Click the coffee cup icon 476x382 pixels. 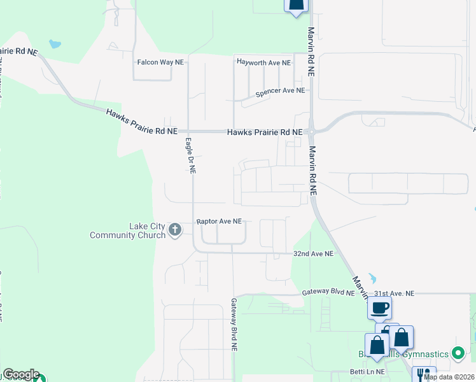coord(379,308)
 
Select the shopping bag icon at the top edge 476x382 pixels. coord(295,5)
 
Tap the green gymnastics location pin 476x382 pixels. coord(458,353)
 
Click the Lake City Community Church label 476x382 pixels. coord(127,230)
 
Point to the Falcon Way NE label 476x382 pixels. coord(160,62)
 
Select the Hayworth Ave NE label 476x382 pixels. coord(263,63)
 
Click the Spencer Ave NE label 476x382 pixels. coord(280,92)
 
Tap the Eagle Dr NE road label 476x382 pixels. coord(190,155)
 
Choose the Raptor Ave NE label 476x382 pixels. coord(219,221)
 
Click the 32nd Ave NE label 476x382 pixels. coord(313,253)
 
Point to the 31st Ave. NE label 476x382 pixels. coord(394,294)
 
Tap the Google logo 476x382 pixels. coord(21,374)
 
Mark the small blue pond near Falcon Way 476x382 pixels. coord(55,45)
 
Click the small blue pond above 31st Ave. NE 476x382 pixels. coord(372,278)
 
